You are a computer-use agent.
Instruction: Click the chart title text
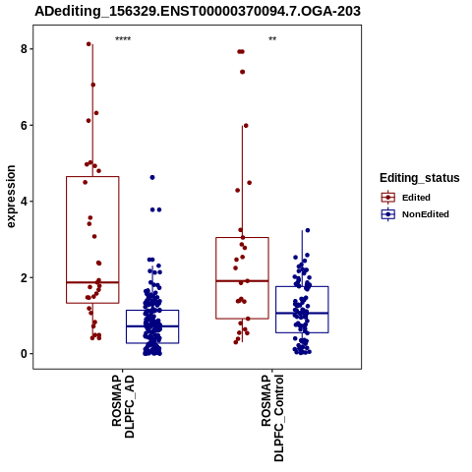pos(198,11)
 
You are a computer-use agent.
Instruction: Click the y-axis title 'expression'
pos(11,197)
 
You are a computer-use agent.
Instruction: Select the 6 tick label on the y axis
pos(24,125)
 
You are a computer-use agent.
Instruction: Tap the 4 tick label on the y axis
pos(24,202)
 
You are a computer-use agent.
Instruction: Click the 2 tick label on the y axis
pos(24,277)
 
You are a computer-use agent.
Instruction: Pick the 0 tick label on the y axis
pos(24,354)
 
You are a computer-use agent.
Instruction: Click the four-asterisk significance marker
pos(123,39)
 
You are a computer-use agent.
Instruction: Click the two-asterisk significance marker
pos(272,39)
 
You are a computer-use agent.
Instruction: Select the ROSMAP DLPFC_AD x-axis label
pos(123,407)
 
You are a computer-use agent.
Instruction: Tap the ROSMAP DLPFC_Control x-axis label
pos(272,418)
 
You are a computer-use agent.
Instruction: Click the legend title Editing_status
pos(420,178)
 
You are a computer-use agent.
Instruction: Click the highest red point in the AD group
pos(88,44)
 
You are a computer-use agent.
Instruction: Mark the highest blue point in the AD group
pos(152,177)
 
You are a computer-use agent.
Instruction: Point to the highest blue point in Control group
pos(308,230)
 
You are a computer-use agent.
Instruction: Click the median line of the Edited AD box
pos(92,282)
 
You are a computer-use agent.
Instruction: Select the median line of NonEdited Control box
pos(302,313)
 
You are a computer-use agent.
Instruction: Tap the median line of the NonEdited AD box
pos(152,326)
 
